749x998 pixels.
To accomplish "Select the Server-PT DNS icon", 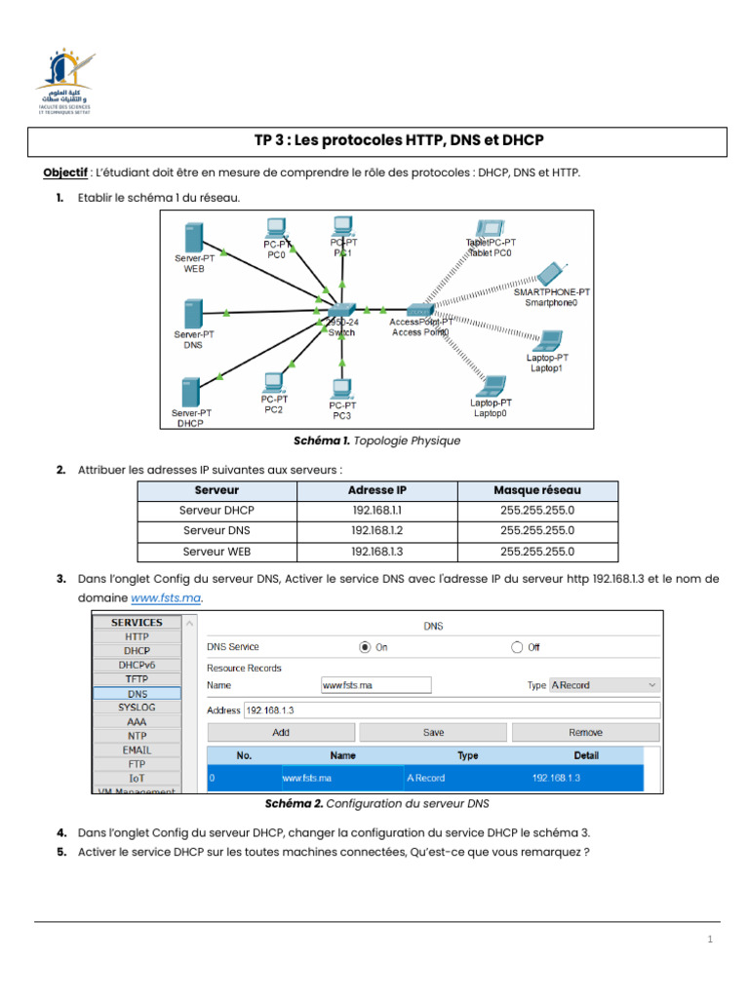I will (193, 313).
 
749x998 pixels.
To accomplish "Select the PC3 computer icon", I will (340, 390).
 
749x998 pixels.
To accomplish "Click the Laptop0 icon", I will (492, 386).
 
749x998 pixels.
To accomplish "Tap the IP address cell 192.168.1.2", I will (377, 531).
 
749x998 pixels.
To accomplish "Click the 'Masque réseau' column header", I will (536, 490).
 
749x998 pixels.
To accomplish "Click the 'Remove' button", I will (585, 732).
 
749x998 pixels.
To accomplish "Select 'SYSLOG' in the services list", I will (136, 707).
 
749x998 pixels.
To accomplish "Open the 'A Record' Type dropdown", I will (605, 685).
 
